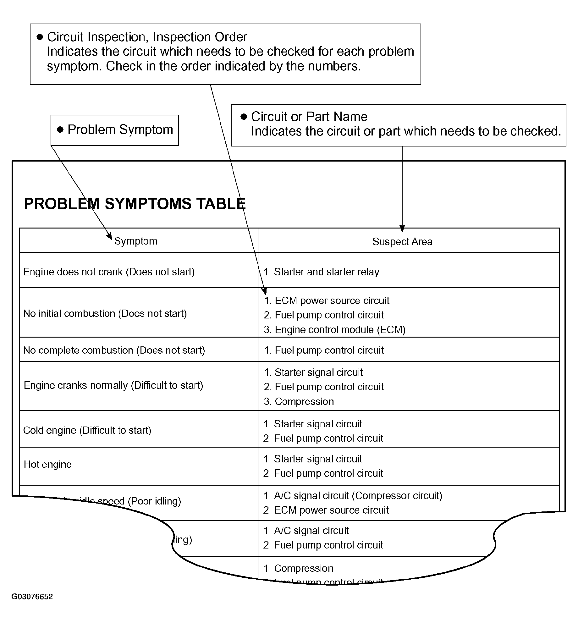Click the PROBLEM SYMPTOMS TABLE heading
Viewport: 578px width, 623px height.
click(135, 204)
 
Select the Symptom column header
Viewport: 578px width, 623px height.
click(135, 241)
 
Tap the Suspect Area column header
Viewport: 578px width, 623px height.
click(402, 241)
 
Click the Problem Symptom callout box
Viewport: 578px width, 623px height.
click(115, 130)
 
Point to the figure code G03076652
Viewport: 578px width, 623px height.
click(32, 596)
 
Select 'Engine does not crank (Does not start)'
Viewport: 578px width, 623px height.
click(109, 272)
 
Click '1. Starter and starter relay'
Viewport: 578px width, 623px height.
click(321, 272)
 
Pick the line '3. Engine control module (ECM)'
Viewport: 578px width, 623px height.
click(335, 329)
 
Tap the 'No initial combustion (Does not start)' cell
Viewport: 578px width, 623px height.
click(105, 313)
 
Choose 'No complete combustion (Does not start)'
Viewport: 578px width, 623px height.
click(114, 350)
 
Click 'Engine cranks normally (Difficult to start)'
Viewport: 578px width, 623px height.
click(113, 385)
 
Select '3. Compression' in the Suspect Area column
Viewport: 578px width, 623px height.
click(299, 401)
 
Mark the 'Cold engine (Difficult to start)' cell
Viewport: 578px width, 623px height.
click(87, 430)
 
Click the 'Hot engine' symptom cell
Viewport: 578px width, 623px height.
click(48, 464)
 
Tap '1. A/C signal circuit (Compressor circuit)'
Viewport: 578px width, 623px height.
click(353, 495)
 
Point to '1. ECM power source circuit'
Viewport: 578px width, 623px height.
click(327, 300)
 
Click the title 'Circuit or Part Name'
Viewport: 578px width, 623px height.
click(309, 117)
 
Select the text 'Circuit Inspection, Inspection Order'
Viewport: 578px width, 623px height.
click(147, 37)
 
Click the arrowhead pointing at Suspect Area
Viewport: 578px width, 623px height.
click(402, 229)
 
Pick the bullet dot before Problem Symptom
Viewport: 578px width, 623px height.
click(60, 130)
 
